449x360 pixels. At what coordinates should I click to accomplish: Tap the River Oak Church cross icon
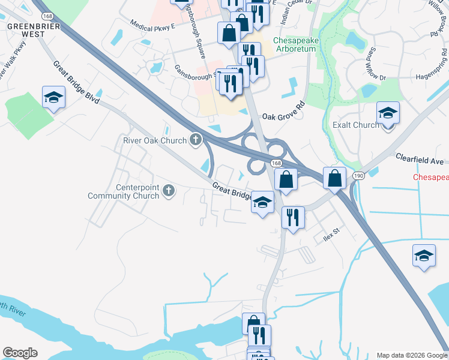(195, 140)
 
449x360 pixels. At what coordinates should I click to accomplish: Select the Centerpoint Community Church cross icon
(169, 191)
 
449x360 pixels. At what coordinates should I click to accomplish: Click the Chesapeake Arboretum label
(294, 44)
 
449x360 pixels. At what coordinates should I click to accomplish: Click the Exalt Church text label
(355, 125)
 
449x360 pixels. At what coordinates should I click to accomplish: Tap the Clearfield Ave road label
(419, 160)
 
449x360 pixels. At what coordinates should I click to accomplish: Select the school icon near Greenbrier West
(53, 97)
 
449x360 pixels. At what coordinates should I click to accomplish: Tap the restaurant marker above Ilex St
(293, 217)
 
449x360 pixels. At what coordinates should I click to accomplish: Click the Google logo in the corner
(20, 353)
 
